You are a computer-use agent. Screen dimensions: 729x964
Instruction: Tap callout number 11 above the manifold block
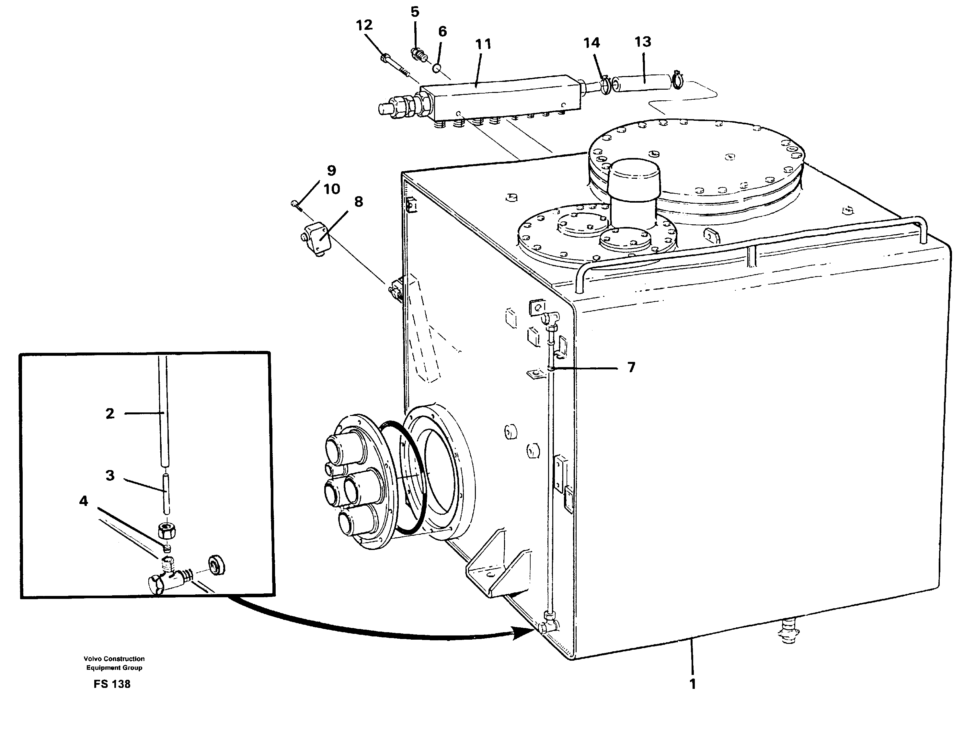pos(483,44)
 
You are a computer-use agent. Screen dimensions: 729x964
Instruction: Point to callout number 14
pos(591,43)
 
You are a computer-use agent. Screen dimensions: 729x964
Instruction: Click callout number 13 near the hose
pos(642,42)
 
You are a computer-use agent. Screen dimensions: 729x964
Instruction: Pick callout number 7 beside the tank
pos(631,367)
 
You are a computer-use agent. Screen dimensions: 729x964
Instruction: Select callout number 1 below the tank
pos(693,684)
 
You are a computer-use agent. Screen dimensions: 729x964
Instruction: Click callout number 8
pos(358,202)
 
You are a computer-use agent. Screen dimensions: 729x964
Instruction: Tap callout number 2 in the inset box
pos(110,413)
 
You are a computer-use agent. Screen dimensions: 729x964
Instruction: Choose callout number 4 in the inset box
pos(83,501)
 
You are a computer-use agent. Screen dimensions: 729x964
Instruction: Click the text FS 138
pos(112,684)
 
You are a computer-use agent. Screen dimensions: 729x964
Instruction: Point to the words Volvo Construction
pos(114,659)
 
